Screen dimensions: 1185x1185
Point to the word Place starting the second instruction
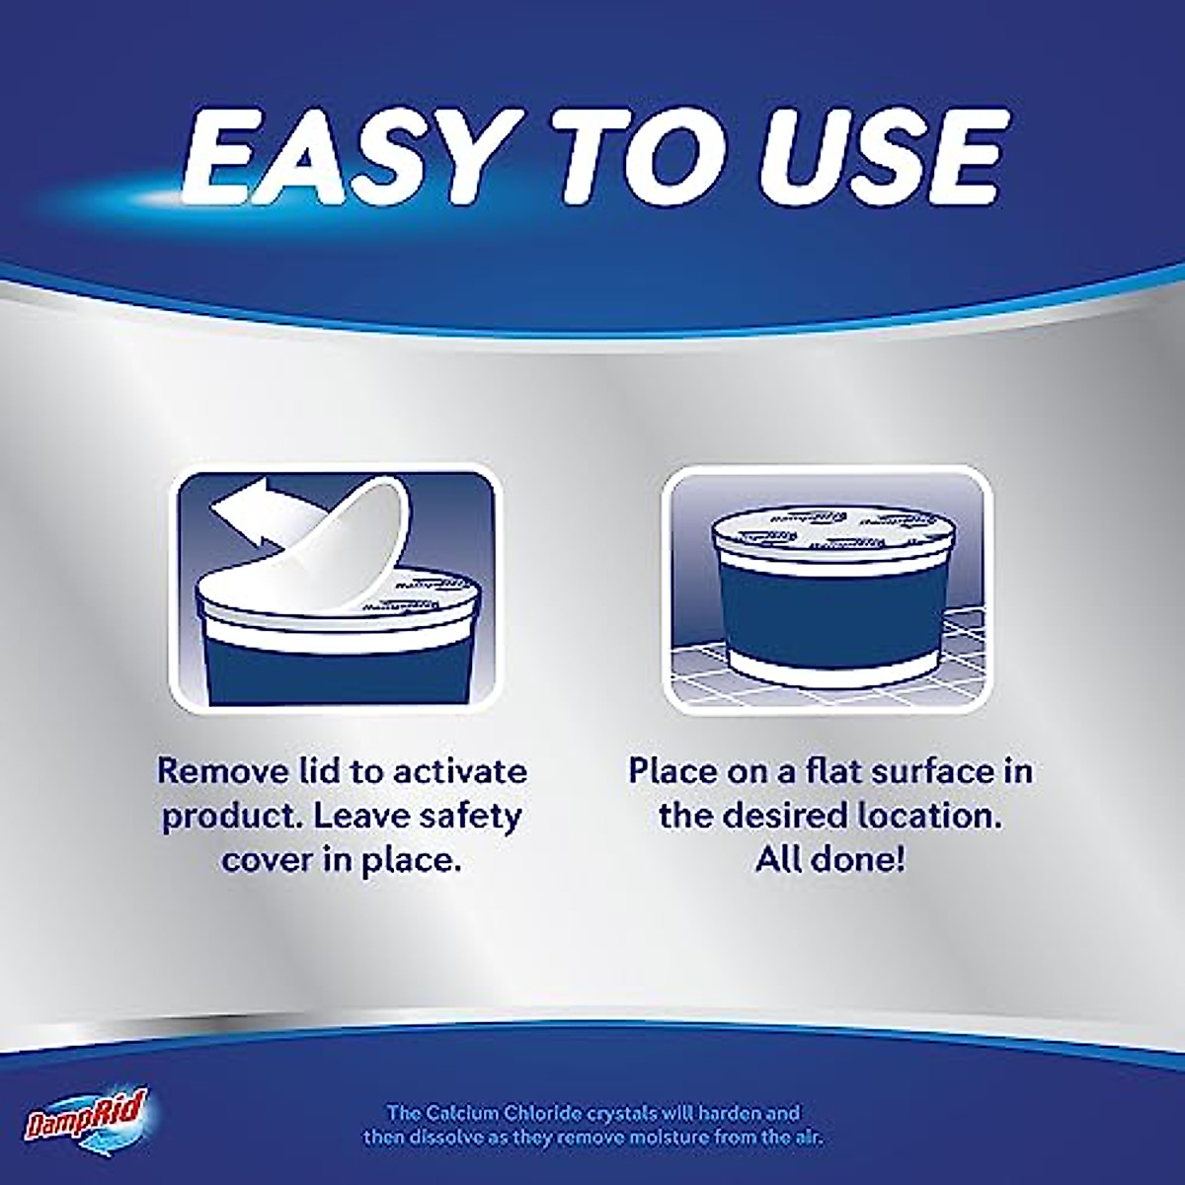[674, 770]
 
